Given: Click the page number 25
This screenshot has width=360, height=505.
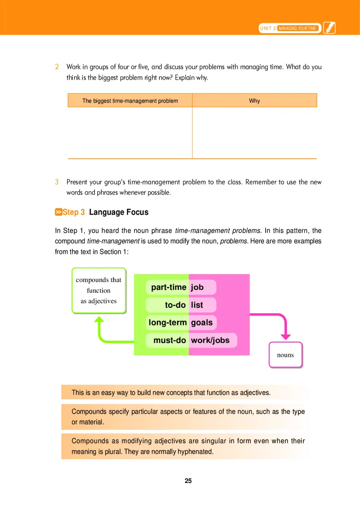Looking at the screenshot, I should (x=188, y=481).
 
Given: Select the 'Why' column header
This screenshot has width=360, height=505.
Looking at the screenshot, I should (x=254, y=101).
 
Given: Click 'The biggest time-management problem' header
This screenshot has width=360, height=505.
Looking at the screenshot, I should (x=130, y=101).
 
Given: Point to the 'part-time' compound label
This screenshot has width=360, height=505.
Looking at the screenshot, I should (x=168, y=287).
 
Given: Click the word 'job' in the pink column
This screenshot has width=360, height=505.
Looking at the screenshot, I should (x=197, y=287).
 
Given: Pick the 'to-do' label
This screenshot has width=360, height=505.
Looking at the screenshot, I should (x=175, y=305).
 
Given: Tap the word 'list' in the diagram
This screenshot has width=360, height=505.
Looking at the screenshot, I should (x=197, y=305).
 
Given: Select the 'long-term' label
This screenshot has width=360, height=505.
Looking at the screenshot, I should (x=167, y=322).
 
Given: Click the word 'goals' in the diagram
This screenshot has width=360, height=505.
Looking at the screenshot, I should (x=202, y=322).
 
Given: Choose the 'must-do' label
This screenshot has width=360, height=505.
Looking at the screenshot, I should (x=170, y=340).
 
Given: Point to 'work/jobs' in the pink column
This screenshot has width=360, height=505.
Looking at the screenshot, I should (x=210, y=340).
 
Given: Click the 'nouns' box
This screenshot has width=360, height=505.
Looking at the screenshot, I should (x=285, y=355).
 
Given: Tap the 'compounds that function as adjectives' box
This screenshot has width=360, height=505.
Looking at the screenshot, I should (x=99, y=290).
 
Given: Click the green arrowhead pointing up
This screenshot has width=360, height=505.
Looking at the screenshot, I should (x=99, y=320).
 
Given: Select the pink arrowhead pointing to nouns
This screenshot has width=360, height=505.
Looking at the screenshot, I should (x=285, y=336).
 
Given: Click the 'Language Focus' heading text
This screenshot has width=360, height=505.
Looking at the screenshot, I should (x=119, y=212).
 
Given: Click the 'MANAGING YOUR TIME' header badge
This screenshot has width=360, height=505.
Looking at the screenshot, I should (x=298, y=28).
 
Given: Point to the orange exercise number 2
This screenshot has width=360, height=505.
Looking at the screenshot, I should (x=57, y=67).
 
